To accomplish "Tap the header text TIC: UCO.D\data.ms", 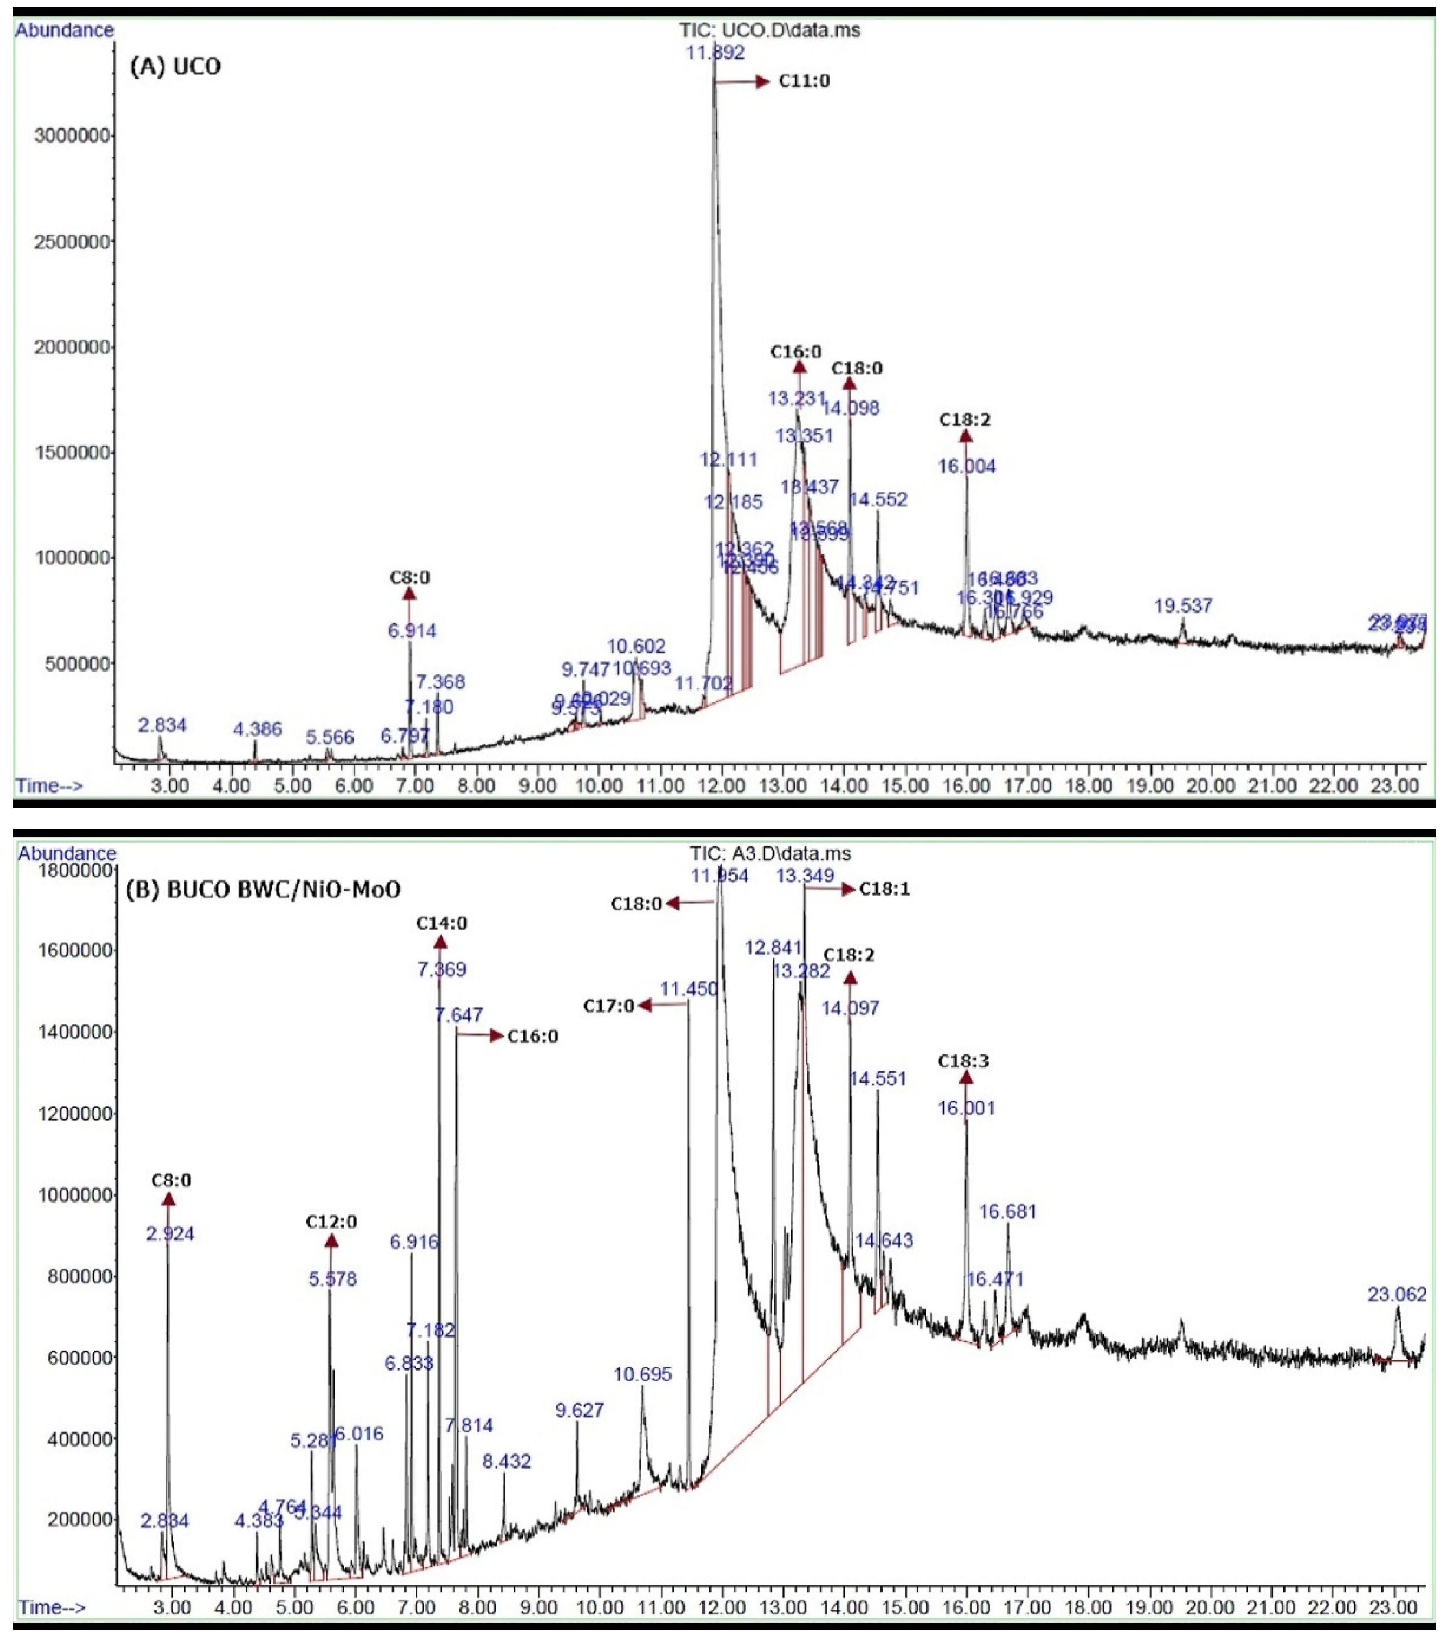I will tap(769, 30).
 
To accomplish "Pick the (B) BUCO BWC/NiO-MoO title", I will tap(263, 890).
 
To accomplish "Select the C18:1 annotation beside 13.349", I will tap(884, 889).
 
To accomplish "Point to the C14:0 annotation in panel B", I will tap(441, 923).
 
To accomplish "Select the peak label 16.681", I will tap(1007, 1212).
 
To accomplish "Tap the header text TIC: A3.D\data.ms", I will tap(770, 854).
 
